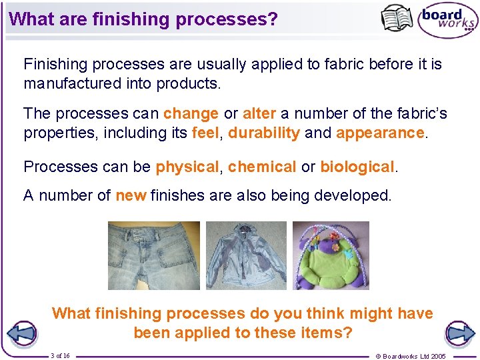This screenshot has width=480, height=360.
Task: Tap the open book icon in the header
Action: [397, 18]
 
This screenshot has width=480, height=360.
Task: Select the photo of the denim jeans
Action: [154, 255]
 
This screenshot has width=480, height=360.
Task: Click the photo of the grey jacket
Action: [246, 255]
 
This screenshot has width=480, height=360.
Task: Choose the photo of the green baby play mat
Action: [331, 255]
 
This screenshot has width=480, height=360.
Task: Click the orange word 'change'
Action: [191, 114]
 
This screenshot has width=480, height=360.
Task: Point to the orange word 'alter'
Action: [259, 114]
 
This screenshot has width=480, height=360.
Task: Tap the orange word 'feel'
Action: [205, 133]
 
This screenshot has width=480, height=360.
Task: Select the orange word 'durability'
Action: [264, 133]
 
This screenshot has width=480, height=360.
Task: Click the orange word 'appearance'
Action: [380, 133]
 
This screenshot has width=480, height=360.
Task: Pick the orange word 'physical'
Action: [187, 167]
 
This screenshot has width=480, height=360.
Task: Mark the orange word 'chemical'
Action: [262, 167]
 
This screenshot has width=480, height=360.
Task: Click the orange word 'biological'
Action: [357, 167]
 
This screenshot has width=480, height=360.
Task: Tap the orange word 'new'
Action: [131, 196]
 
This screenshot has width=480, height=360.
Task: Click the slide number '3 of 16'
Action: [60, 355]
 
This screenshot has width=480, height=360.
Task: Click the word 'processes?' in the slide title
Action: [227, 19]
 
